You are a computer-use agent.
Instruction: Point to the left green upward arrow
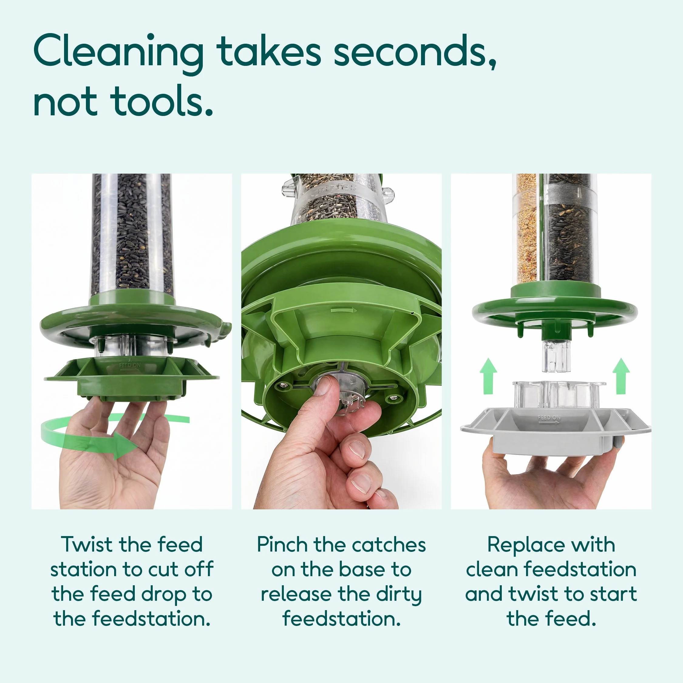[x=488, y=376]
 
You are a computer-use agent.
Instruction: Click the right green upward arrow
[x=621, y=376]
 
